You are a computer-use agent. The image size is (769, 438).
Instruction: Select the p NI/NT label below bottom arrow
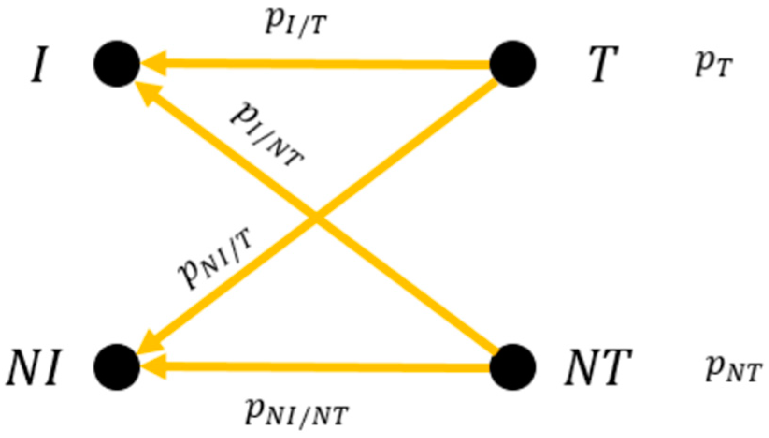click(296, 411)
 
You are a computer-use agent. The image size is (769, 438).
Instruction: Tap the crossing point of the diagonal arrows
click(316, 217)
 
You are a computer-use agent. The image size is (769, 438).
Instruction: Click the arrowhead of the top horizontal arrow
click(152, 63)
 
